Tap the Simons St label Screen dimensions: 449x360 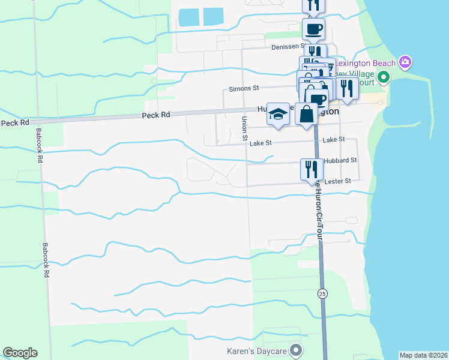pyautogui.click(x=243, y=88)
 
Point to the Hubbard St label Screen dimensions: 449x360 pyautogui.click(x=340, y=161)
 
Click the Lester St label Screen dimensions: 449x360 pyautogui.click(x=337, y=181)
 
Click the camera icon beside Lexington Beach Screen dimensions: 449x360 pyautogui.click(x=405, y=62)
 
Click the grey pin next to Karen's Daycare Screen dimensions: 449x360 pyautogui.click(x=295, y=350)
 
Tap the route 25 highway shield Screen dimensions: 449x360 pyautogui.click(x=322, y=292)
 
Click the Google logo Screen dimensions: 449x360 pyautogui.click(x=20, y=353)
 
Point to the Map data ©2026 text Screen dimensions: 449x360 pyautogui.click(x=423, y=355)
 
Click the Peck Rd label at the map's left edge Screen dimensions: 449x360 pyautogui.click(x=15, y=122)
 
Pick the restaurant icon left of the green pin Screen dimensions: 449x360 pyautogui.click(x=347, y=88)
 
